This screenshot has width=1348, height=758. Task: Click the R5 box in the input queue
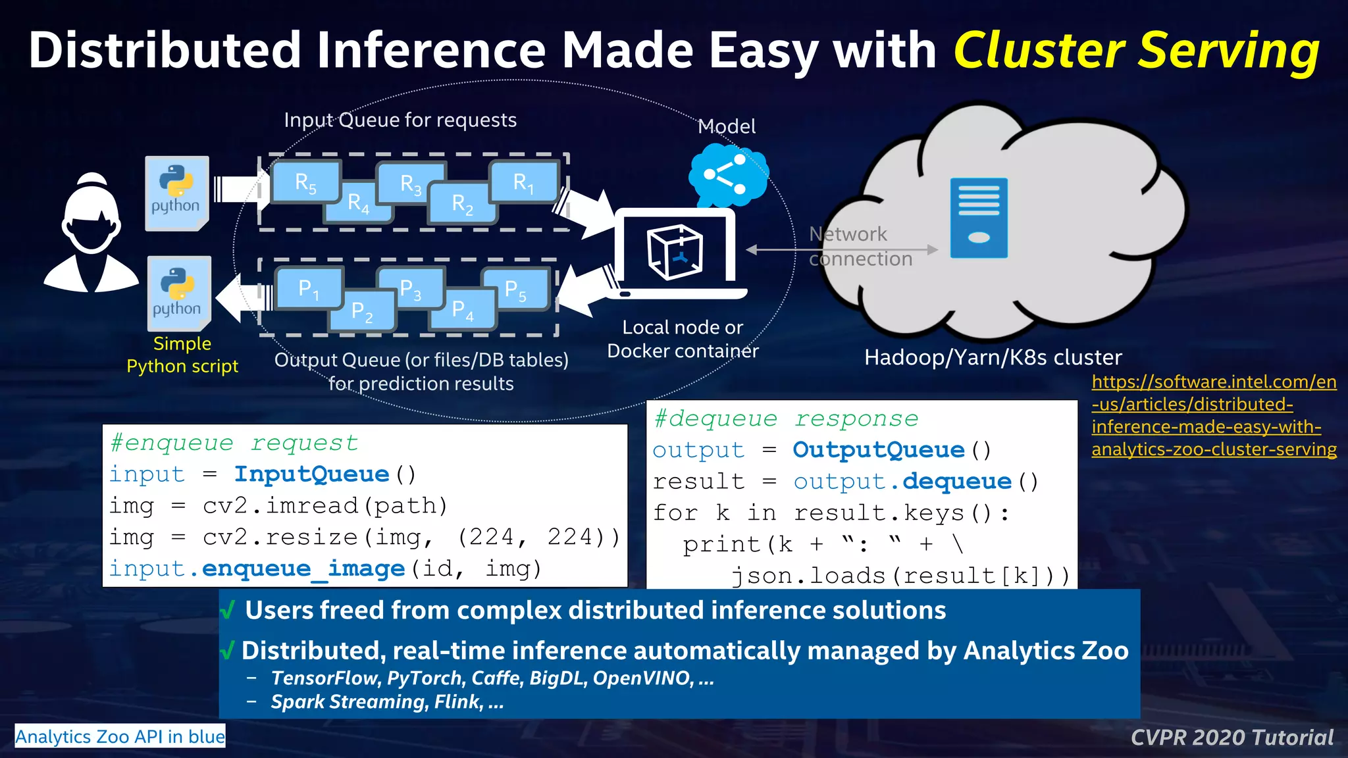(305, 182)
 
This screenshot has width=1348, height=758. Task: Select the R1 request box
(523, 182)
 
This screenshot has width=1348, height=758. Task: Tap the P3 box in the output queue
(411, 289)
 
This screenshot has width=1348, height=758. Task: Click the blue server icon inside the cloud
(979, 218)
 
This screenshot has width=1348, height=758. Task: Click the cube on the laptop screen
(675, 252)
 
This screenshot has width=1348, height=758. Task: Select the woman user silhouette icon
(91, 234)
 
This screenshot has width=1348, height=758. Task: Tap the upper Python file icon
(176, 193)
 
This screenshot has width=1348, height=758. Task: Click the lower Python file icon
(179, 293)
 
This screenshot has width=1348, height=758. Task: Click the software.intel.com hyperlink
(1213, 415)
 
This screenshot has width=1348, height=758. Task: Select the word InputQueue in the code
(312, 474)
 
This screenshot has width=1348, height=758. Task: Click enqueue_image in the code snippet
(303, 568)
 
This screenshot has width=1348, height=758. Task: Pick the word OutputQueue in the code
(878, 450)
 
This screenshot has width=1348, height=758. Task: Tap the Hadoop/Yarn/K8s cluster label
(993, 357)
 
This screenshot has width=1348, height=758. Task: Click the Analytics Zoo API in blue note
(120, 736)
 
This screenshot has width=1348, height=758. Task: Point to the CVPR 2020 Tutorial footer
(1231, 738)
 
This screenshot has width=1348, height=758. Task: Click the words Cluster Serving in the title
(1136, 51)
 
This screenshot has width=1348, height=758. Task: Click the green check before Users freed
(228, 611)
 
